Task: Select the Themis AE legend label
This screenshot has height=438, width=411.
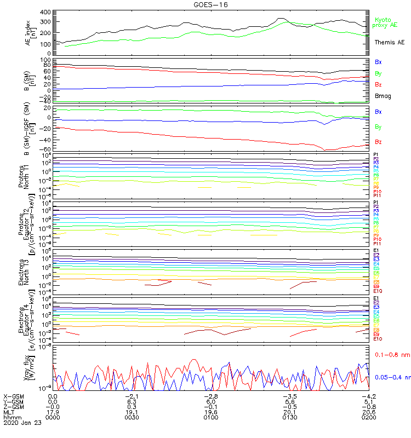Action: point(390,42)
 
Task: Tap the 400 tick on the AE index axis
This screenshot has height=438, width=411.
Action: point(46,12)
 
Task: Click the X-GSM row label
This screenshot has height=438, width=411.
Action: point(14,396)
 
